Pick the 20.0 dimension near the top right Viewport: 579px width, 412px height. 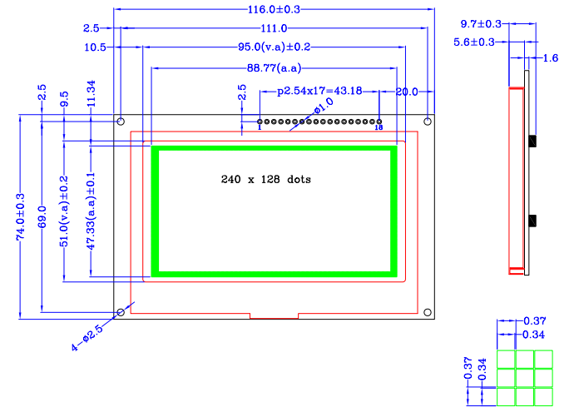click(407, 91)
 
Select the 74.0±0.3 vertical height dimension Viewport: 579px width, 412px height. click(21, 217)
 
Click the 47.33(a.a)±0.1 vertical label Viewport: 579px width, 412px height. click(91, 211)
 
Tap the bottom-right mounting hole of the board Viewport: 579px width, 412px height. click(428, 312)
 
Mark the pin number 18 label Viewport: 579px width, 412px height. click(379, 128)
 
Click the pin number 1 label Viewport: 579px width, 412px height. click(260, 128)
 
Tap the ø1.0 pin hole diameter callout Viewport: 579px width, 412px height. click(323, 108)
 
